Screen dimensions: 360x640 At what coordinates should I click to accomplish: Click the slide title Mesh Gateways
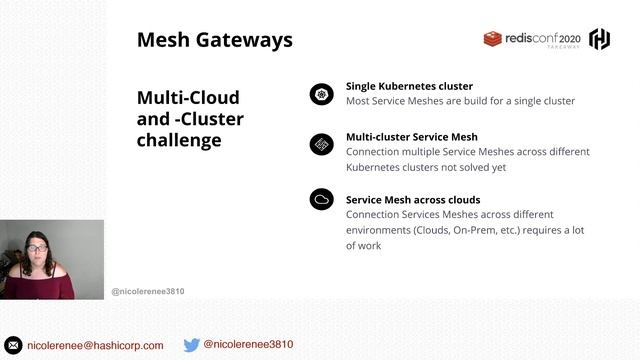click(214, 40)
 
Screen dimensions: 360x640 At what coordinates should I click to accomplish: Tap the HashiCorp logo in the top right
click(600, 39)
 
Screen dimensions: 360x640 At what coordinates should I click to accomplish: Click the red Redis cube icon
click(492, 39)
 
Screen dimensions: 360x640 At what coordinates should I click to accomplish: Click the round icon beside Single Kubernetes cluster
click(321, 94)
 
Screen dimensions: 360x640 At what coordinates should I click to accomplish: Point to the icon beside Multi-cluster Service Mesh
click(321, 144)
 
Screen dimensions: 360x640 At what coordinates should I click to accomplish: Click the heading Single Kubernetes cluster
click(409, 86)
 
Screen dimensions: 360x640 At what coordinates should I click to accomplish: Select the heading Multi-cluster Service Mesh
click(411, 136)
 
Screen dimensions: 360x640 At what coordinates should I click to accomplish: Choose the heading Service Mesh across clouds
click(412, 199)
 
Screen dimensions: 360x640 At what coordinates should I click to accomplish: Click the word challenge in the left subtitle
click(179, 140)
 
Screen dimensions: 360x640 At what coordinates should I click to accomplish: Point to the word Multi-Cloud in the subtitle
click(188, 98)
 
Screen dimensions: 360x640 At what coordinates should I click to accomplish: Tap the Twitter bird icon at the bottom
click(191, 345)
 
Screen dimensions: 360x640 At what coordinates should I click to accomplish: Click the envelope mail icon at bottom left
click(14, 345)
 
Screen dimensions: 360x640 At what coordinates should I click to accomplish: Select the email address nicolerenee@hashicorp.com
click(95, 345)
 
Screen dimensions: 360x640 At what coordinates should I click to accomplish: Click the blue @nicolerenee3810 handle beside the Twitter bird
click(248, 344)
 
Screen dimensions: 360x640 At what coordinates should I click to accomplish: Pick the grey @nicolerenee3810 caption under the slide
click(148, 291)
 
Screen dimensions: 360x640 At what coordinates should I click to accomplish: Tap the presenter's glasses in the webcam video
click(37, 248)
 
